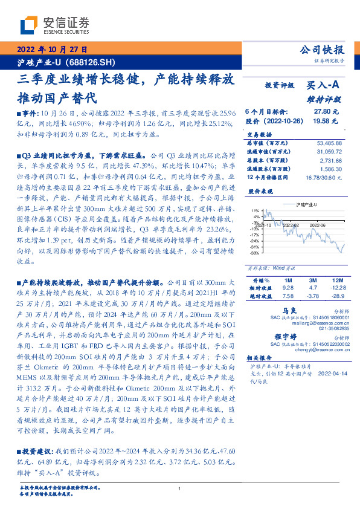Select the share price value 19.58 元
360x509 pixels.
coord(327,120)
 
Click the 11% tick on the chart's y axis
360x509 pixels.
coord(257,210)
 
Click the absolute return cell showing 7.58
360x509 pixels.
coord(288,296)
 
